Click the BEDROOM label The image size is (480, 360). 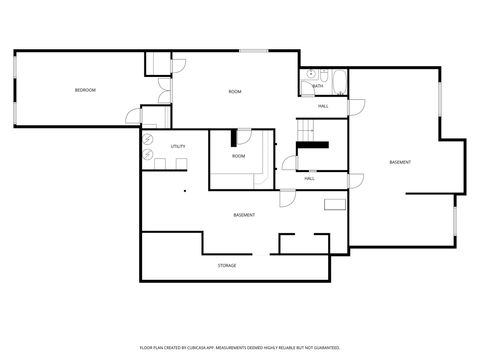[85, 91]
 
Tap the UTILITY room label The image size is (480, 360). [178, 146]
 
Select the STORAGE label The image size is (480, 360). [227, 265]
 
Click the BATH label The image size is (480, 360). [317, 86]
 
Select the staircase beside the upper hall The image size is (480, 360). [309, 130]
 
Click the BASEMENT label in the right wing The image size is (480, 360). [400, 162]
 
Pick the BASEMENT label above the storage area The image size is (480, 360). [244, 215]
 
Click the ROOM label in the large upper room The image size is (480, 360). [234, 92]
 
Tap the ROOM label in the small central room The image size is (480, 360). [238, 156]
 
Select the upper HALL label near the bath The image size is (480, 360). [323, 105]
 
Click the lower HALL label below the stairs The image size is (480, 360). [309, 178]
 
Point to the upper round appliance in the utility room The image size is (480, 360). [149, 139]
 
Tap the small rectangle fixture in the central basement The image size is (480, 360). [335, 204]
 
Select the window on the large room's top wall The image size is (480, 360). [253, 51]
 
